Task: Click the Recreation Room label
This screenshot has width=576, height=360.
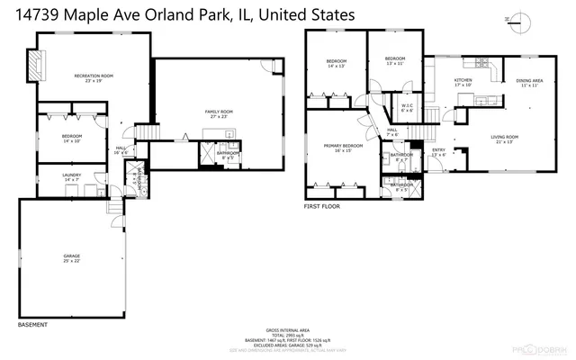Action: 91,78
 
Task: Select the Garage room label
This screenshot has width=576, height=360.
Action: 72,258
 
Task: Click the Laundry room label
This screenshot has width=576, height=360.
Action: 72,177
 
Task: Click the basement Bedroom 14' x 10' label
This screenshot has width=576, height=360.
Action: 72,138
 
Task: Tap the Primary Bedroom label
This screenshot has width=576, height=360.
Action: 343,148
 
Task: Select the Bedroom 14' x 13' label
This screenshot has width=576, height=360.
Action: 336,63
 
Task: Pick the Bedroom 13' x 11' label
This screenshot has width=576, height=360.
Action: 394,61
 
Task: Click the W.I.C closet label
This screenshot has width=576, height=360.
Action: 407,107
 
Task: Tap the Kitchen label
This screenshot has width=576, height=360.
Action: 463,83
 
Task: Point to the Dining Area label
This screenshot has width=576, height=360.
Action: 529,83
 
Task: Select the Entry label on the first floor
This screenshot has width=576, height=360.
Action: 438,152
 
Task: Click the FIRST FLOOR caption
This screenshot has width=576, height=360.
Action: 322,206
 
